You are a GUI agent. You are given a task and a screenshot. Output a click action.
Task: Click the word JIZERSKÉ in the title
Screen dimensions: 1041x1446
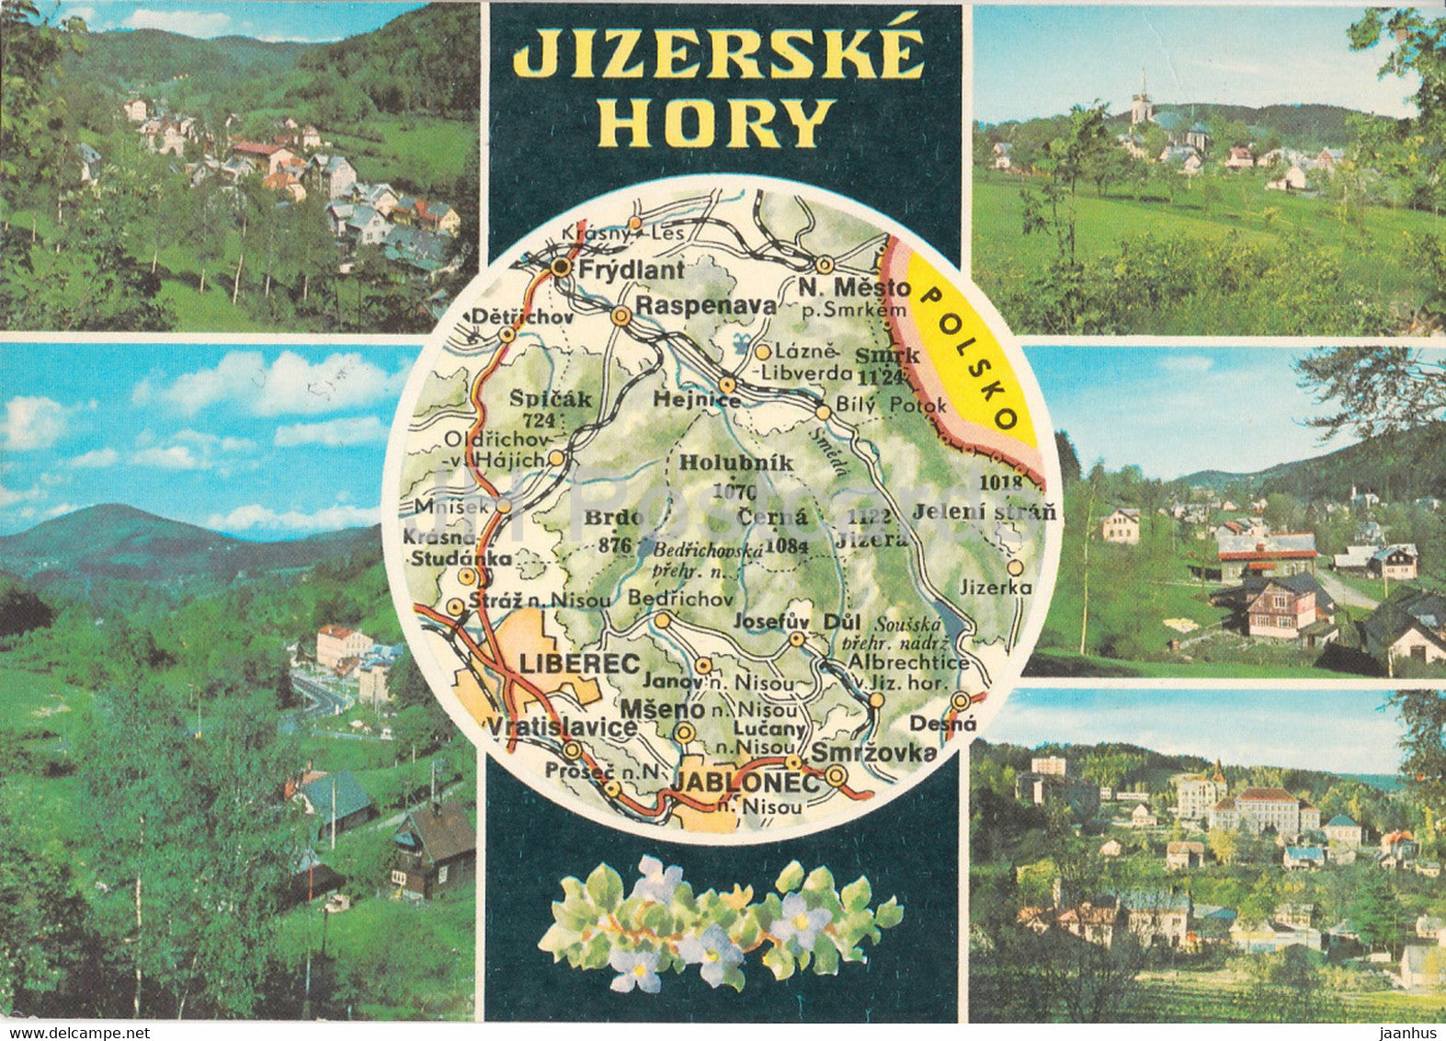pos(718,54)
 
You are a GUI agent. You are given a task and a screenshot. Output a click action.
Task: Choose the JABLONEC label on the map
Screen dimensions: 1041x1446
pos(746,783)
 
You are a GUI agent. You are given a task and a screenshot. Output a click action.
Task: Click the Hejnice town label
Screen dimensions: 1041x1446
pos(686,399)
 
